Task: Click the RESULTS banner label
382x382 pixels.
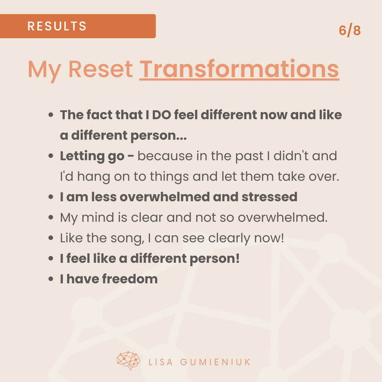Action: coord(57,26)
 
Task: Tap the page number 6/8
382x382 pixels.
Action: coord(350,31)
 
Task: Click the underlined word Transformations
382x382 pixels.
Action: coord(239,69)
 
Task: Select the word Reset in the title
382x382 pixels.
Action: coord(101,69)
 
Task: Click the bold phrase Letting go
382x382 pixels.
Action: coord(92,157)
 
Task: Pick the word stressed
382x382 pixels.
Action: coord(269,197)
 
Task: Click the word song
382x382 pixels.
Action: coord(127,238)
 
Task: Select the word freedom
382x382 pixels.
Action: coord(130,279)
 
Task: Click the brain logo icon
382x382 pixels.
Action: coord(128,361)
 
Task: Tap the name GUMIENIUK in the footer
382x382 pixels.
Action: coord(215,362)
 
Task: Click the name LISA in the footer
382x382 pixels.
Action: coord(161,362)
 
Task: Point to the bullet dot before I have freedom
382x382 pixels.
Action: coord(51,279)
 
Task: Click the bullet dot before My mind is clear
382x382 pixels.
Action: coord(51,217)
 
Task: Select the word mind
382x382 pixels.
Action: coord(98,217)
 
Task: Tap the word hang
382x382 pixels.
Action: coord(93,177)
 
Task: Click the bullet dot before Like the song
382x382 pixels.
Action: coord(51,238)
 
